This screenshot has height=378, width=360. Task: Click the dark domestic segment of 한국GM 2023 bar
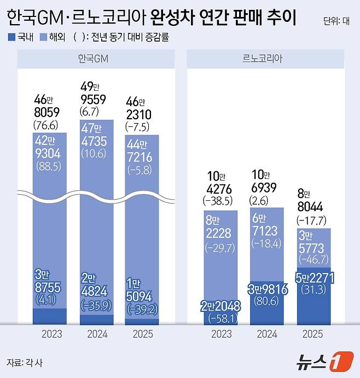(x=50, y=317)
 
